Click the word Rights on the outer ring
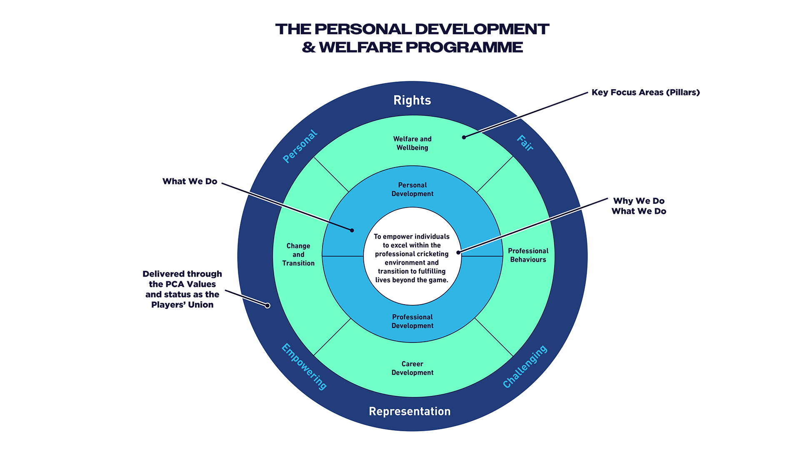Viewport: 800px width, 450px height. point(412,100)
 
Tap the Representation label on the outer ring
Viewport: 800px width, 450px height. point(410,411)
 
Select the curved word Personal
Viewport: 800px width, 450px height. point(300,146)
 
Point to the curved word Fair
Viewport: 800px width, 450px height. point(525,143)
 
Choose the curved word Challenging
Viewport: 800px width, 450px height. point(525,367)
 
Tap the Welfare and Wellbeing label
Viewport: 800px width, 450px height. point(412,143)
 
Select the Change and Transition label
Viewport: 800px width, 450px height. point(298,255)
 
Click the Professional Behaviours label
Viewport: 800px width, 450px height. point(528,255)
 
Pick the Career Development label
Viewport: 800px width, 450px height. point(412,368)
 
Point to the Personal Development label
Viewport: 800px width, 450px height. point(412,190)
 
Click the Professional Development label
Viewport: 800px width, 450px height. point(412,321)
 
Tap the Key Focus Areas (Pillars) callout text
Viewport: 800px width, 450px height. point(645,92)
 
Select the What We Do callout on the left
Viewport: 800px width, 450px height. point(190,181)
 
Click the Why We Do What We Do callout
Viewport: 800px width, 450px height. point(639,206)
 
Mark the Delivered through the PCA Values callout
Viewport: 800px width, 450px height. point(182,289)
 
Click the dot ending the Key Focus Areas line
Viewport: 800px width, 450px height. point(464,137)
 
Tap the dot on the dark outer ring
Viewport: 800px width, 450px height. point(267,305)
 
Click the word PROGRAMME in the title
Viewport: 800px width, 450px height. point(464,47)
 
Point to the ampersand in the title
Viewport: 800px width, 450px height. point(309,47)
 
